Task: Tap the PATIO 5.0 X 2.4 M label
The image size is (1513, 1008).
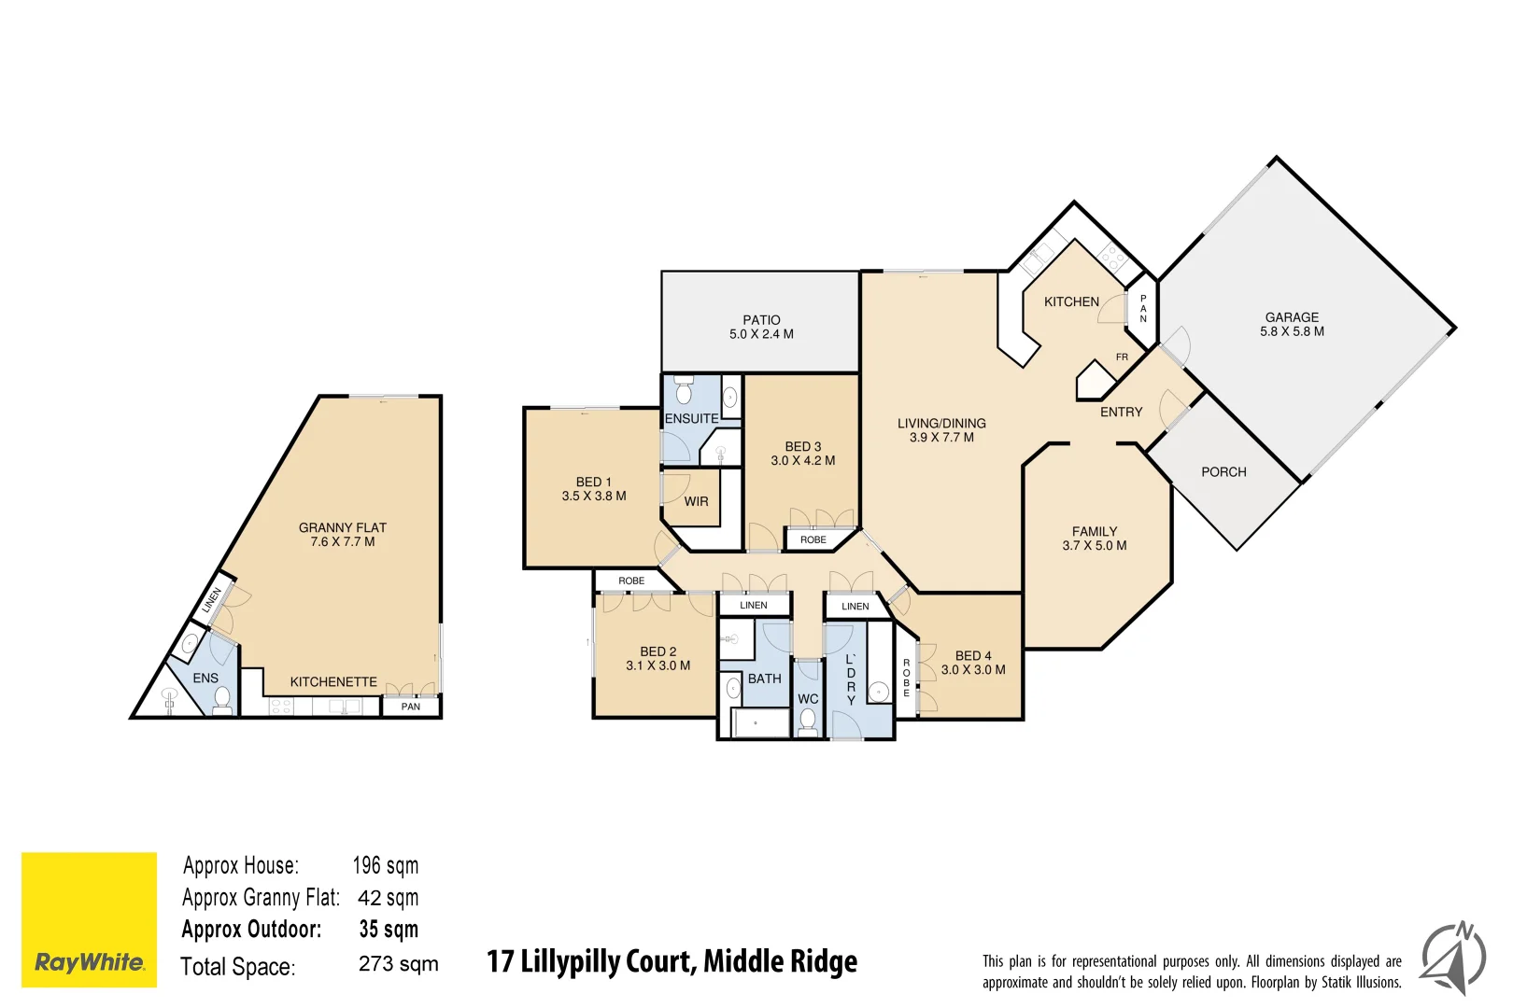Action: [761, 327]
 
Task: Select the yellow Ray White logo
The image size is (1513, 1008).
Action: [89, 919]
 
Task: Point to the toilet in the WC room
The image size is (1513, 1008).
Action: [808, 721]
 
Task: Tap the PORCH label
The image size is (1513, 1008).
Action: [1223, 472]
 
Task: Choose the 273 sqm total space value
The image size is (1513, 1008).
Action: [398, 964]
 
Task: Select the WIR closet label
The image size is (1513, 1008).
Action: [696, 501]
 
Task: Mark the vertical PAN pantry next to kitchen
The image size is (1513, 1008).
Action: [1143, 308]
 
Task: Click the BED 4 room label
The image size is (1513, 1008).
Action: [973, 656]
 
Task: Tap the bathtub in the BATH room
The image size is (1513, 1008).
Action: [757, 723]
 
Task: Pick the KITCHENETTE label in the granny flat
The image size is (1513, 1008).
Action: [333, 682]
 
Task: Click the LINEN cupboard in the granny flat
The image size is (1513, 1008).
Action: [212, 598]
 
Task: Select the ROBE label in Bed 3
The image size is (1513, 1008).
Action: [813, 539]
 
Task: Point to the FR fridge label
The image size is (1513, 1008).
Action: [1122, 357]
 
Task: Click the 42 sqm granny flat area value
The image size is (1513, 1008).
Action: [388, 898]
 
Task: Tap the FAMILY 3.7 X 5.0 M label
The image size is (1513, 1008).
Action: [1094, 539]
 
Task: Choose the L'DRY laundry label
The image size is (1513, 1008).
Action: [850, 679]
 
